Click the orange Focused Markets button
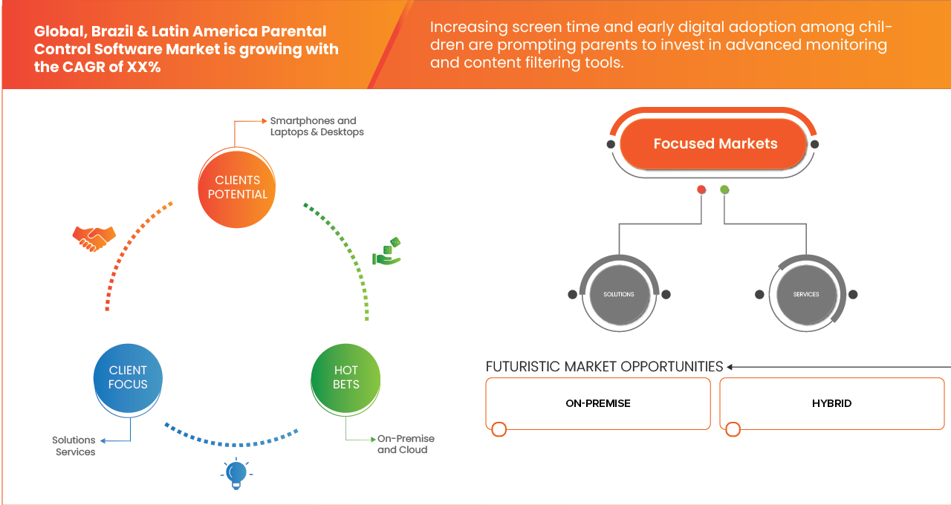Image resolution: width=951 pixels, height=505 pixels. point(715,144)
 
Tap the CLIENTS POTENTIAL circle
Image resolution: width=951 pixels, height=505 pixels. point(238,187)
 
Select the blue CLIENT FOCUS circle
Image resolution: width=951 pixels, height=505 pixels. point(128,377)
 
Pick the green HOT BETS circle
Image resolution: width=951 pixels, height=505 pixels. point(346,377)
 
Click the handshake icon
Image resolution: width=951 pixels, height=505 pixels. point(94,238)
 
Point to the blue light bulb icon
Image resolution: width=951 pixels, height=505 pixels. point(236,473)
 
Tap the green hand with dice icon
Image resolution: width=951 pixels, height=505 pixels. point(387,252)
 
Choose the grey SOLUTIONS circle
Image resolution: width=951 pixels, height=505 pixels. point(619,294)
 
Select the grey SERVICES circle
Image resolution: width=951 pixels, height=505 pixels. point(806,294)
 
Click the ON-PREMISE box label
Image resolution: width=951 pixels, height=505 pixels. point(598,403)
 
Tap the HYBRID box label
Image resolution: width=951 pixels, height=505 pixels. point(831,403)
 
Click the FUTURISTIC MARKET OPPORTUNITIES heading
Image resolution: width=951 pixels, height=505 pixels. point(604,367)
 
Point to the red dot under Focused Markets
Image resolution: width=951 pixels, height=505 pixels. point(701,190)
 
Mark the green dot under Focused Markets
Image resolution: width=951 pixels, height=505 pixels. point(724,190)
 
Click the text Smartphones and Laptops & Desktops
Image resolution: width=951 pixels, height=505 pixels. point(317,126)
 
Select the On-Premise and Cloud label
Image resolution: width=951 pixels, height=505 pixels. point(405,444)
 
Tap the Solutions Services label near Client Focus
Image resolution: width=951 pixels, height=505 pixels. point(74,446)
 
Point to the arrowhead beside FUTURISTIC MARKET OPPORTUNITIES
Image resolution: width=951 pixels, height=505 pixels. point(730,367)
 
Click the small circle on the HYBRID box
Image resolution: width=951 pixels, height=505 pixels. point(733,429)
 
